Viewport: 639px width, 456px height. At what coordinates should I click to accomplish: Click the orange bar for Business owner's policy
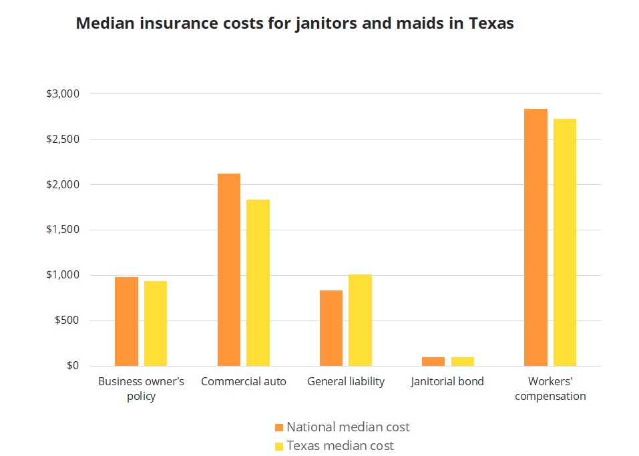point(126,321)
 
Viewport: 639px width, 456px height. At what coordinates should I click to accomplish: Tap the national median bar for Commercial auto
point(229,270)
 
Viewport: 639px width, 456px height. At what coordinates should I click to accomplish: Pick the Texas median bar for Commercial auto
point(258,282)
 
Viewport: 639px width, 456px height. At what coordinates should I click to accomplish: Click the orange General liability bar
point(331,328)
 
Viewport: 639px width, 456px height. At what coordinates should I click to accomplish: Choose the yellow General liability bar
point(360,320)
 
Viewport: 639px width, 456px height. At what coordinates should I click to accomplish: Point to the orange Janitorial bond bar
point(433,361)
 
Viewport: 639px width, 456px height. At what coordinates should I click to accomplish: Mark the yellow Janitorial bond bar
point(462,361)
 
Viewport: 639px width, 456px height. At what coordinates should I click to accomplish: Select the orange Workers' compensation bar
point(536,237)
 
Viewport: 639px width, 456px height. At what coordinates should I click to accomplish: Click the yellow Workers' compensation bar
point(564,242)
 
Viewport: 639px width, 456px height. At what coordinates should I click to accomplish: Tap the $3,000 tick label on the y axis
point(63,93)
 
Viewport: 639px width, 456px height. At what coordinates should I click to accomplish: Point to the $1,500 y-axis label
point(63,230)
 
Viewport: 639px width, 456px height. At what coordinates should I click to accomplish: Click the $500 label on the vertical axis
point(67,320)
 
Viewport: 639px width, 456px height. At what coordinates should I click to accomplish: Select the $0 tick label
point(72,366)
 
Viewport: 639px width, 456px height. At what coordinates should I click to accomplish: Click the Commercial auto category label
point(243,382)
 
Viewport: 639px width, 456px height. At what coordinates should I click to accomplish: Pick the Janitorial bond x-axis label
point(447,382)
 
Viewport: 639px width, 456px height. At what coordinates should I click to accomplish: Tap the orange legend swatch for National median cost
point(279,427)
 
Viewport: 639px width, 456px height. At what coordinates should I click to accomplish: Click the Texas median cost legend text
point(340,445)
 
